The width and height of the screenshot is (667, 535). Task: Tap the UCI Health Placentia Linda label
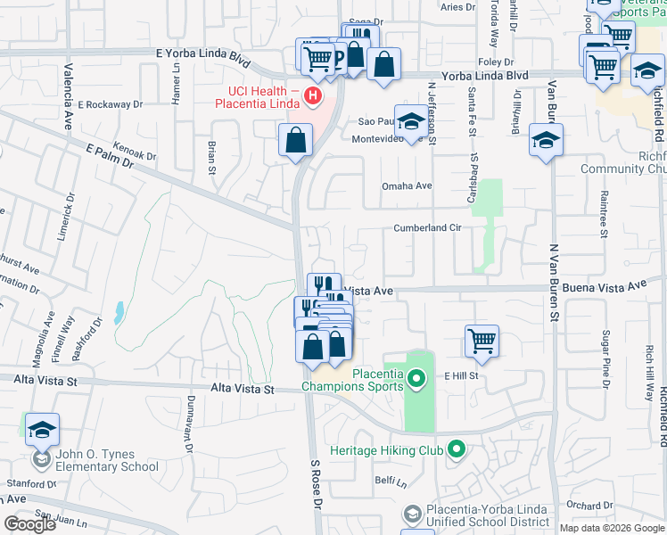[x=257, y=97]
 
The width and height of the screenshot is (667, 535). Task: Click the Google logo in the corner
[x=29, y=524]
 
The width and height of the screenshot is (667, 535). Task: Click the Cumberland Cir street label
[x=427, y=228]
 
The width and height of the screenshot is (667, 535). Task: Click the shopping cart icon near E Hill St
[x=482, y=340]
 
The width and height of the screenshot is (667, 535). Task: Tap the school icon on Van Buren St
[x=546, y=140]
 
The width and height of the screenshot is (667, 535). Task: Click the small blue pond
[x=119, y=313]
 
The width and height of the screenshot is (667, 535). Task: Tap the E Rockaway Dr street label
[x=111, y=104]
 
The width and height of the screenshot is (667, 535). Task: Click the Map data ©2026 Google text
[x=611, y=528]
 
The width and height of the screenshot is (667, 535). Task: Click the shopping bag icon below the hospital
[x=295, y=140]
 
